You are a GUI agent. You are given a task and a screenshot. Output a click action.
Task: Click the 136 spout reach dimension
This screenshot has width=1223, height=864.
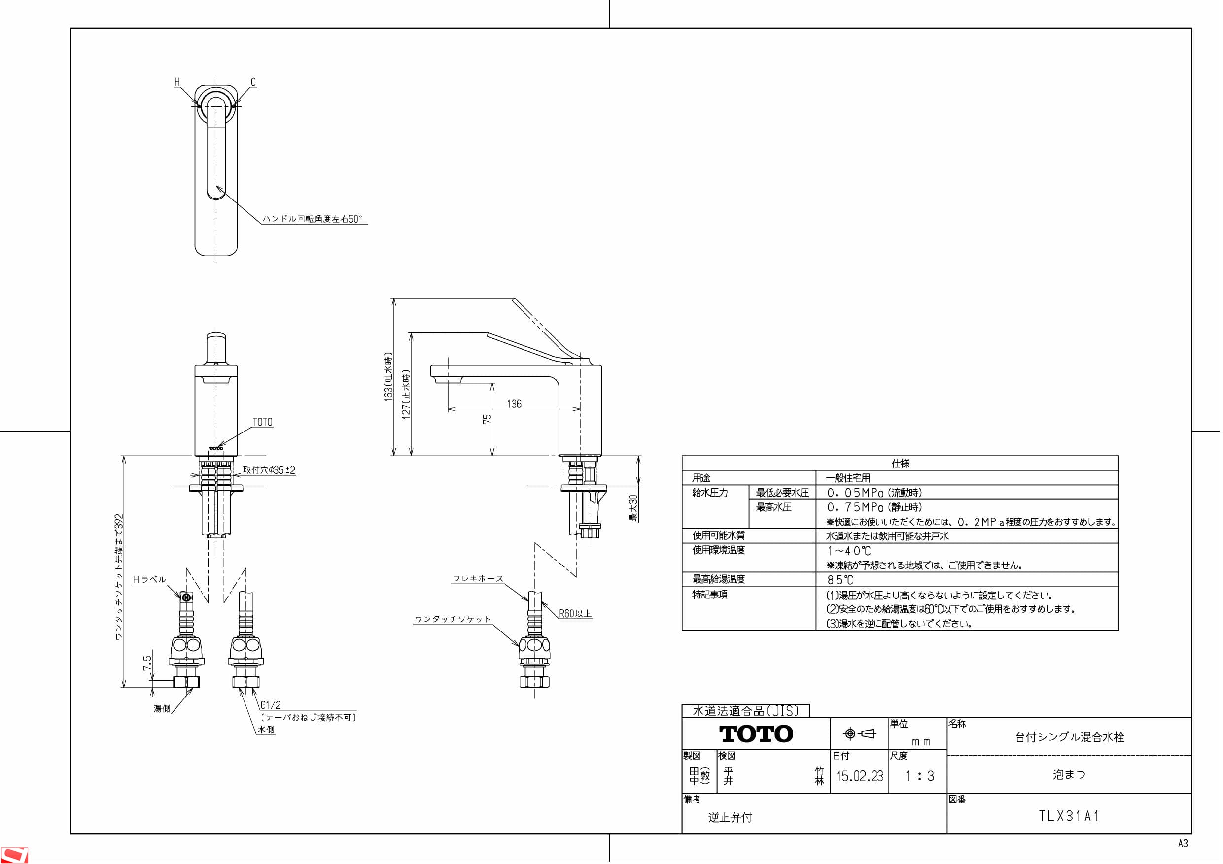coord(514,404)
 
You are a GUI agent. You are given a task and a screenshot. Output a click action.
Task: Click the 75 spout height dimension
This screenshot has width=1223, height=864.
coord(487,419)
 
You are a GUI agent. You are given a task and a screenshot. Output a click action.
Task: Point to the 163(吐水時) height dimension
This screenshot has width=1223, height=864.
coord(389,377)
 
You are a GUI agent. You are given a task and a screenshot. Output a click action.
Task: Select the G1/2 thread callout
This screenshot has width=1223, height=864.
coord(270,705)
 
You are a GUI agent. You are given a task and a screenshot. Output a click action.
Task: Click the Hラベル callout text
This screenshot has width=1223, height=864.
coord(149,580)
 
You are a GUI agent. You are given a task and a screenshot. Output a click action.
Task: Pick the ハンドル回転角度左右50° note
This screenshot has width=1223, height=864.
coord(312,219)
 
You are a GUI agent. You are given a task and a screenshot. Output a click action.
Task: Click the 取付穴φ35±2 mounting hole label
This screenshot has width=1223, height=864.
coord(269,470)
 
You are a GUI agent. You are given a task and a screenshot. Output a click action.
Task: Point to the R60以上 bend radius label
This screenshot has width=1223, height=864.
coord(575,614)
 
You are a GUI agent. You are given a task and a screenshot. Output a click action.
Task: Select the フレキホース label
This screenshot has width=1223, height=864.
coord(478,579)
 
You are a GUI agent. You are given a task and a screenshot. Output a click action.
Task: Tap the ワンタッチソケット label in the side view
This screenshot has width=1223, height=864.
coord(453,620)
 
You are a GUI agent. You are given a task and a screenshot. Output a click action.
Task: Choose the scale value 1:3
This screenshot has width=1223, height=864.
coord(919,776)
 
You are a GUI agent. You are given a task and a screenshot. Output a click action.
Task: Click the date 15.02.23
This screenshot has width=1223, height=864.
coord(860,776)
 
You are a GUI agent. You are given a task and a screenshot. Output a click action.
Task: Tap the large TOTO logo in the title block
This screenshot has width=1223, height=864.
coord(756,734)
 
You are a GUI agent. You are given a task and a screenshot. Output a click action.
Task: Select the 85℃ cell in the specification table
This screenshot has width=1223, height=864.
coord(840,580)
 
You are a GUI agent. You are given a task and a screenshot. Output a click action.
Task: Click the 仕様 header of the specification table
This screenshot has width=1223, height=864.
coord(900,463)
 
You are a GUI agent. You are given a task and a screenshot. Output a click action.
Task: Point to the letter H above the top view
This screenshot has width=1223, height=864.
coord(177,82)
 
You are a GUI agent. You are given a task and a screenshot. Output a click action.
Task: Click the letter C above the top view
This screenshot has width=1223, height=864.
coord(253,82)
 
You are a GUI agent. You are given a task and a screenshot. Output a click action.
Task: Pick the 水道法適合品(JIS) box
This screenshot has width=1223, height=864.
coord(746,711)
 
